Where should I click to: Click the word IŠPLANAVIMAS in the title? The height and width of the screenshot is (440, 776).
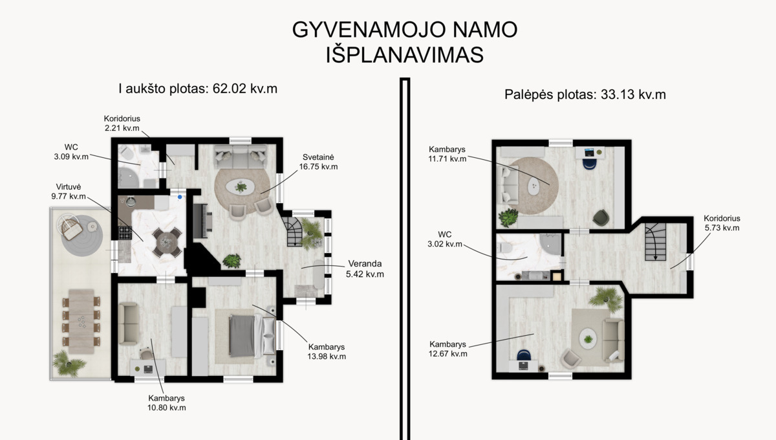[405, 55]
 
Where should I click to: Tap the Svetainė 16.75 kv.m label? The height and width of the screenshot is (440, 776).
[318, 162]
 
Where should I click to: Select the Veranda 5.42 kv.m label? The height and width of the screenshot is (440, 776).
[365, 269]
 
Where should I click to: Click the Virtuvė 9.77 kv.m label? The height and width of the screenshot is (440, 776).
[69, 192]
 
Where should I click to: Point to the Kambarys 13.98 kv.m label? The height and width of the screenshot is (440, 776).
[327, 351]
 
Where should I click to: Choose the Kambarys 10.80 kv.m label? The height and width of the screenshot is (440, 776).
[167, 403]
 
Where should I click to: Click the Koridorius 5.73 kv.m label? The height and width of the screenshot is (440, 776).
[722, 223]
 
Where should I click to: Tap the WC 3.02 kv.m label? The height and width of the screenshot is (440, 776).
[445, 239]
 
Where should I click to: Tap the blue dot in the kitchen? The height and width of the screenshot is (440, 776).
[180, 197]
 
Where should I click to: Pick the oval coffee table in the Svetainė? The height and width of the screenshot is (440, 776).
[241, 187]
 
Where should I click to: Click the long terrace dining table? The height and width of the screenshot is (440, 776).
[81, 322]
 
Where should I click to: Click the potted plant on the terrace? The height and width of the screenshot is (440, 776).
[69, 363]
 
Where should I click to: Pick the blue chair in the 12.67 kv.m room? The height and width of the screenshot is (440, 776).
[523, 355]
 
